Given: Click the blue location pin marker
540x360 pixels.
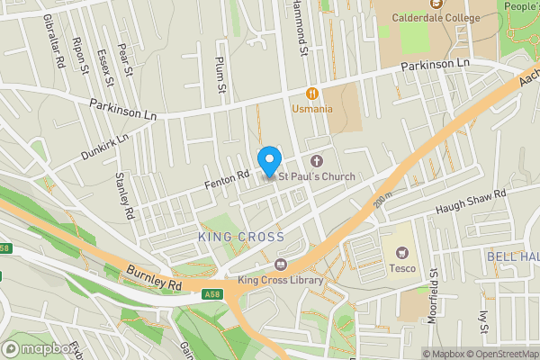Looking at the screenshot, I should (268, 161).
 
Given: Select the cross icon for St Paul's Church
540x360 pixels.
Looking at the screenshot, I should (316, 160).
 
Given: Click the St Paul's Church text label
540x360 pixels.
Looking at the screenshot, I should (316, 176).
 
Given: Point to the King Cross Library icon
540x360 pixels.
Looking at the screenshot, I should (281, 265).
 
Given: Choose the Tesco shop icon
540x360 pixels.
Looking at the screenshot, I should (401, 255).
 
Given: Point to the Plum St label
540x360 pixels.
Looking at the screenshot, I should (219, 74).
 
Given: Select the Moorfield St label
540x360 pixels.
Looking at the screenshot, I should (433, 287).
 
